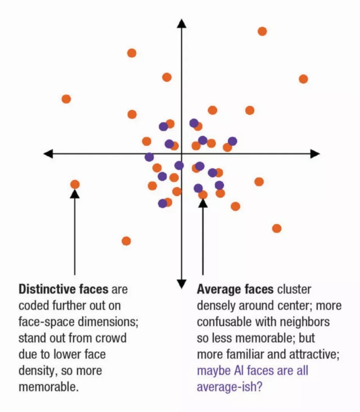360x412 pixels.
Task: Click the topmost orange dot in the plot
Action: [262, 31]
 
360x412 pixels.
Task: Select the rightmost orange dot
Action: [303, 79]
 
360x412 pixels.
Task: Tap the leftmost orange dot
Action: [66, 99]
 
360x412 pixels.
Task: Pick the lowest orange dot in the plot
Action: [126, 241]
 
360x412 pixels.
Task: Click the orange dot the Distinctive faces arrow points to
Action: [75, 184]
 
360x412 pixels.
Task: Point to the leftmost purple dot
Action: [149, 157]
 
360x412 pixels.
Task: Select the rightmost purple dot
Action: [232, 141]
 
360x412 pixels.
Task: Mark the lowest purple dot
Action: [162, 203]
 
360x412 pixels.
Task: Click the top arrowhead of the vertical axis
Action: [182, 23]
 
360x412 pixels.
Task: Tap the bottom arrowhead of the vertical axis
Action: [182, 284]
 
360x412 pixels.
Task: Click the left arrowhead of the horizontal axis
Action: [48, 154]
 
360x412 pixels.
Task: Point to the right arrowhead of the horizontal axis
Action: [315, 154]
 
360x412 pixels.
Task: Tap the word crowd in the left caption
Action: [111, 338]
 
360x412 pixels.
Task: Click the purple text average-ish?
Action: [229, 387]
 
